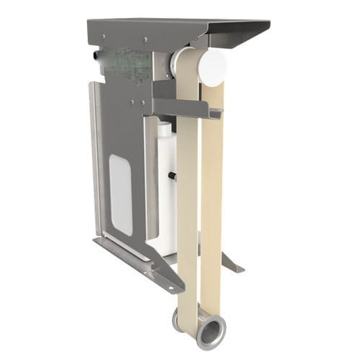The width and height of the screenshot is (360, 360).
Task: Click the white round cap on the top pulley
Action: click(212, 66)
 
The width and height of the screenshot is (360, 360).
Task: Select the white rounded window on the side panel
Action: click(121, 195)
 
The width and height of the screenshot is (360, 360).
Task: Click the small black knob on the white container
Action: click(174, 175)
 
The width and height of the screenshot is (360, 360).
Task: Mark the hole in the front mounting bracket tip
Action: click(171, 287)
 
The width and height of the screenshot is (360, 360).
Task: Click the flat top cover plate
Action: click(173, 27)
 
